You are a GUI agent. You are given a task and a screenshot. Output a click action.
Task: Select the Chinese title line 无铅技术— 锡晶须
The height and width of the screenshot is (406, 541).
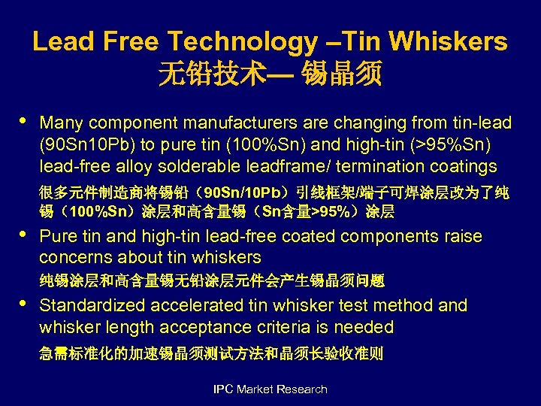[270, 74]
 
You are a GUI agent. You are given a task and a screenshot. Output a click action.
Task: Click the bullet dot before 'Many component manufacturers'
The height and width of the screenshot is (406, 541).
[23, 120]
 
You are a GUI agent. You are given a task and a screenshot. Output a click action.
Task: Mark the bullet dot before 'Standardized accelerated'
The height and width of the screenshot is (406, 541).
[23, 303]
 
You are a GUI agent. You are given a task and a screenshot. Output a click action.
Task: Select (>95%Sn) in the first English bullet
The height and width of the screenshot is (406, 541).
[467, 144]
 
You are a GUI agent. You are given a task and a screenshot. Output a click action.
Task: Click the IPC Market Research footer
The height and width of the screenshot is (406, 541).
[270, 389]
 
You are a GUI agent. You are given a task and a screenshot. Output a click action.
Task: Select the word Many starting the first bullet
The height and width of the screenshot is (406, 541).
[60, 123]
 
